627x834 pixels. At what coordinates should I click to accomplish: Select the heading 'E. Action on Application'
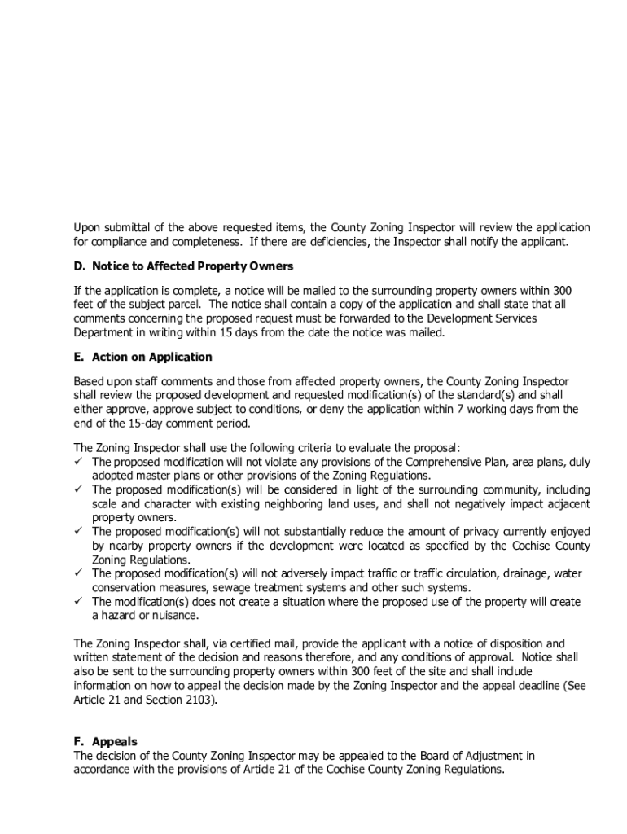click(x=142, y=357)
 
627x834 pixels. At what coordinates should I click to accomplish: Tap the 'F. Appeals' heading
click(x=105, y=741)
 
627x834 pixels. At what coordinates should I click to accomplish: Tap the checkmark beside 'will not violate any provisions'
click(x=79, y=462)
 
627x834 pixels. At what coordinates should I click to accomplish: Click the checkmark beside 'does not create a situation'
click(x=79, y=602)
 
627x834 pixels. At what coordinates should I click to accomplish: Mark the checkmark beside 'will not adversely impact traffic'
click(x=79, y=573)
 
